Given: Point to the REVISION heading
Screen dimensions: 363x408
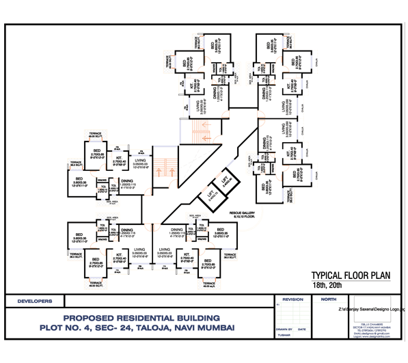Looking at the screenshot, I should point(293,299).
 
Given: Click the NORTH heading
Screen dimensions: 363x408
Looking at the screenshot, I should point(328,299).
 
